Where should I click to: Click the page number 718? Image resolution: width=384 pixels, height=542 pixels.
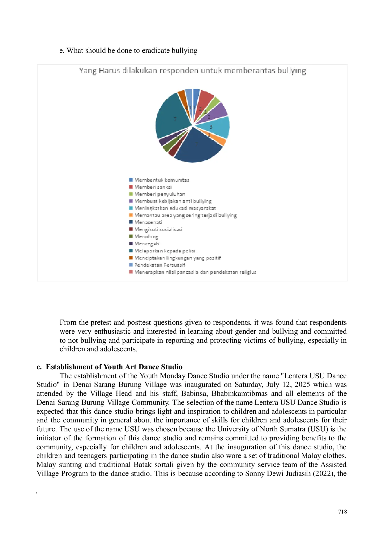[x=342, y=512]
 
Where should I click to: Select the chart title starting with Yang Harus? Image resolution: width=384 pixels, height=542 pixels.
[x=192, y=71]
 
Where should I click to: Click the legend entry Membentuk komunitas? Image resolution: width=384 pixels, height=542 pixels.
[x=161, y=180]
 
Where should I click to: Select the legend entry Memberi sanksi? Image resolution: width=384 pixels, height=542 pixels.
[x=153, y=187]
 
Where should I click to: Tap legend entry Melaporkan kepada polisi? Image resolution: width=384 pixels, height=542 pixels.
[x=164, y=251]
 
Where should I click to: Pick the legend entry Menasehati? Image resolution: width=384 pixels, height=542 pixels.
[x=148, y=222]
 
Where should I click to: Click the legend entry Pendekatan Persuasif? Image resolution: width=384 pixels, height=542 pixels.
[x=160, y=265]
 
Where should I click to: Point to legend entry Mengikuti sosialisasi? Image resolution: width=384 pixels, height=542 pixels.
[x=158, y=229]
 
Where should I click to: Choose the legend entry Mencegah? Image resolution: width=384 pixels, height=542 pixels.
[x=147, y=243]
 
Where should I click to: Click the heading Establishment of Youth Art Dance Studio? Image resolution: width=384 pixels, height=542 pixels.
[x=114, y=367]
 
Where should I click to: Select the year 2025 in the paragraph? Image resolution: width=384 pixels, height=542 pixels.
[x=302, y=385]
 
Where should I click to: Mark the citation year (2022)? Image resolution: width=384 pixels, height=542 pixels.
[x=323, y=473]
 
